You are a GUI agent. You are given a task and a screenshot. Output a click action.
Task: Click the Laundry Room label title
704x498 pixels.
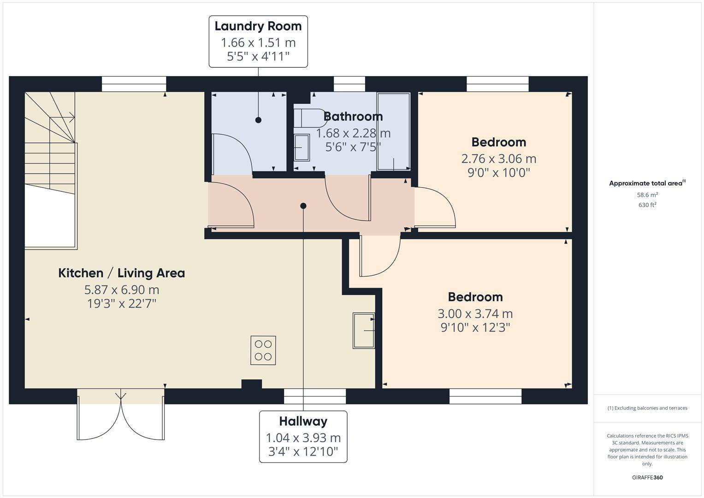coord(258,26)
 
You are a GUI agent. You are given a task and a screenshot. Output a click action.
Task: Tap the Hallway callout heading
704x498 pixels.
coord(303,421)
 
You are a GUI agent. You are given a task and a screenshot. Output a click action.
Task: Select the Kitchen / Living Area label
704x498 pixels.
coord(121,273)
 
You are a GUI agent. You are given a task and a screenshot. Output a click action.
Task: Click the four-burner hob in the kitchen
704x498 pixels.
coord(263,350)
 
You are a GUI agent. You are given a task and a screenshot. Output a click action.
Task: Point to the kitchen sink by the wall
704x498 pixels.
coord(364,330)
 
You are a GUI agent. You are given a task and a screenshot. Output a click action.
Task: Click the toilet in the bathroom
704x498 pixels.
coord(308,118)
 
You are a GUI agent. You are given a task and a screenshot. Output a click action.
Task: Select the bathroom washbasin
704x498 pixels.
coord(302,148)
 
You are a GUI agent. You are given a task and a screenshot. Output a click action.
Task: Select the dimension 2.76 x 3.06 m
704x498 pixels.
coord(498,159)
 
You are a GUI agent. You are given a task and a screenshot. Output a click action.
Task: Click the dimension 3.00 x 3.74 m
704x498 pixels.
coord(475,314)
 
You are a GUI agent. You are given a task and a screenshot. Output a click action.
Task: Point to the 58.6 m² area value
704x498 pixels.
coord(647,195)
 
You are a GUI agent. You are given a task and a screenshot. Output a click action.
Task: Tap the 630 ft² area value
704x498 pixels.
coord(647,205)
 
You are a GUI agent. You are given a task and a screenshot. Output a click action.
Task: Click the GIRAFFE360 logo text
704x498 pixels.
coord(647,477)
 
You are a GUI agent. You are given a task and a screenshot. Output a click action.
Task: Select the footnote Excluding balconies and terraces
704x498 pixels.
coord(647,408)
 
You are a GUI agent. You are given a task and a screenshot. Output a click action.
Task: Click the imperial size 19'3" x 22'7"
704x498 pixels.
coord(122,304)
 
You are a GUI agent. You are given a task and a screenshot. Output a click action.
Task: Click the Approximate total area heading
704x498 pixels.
coord(647,183)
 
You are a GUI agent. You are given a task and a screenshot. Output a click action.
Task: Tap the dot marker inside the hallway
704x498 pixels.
coord(303,206)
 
